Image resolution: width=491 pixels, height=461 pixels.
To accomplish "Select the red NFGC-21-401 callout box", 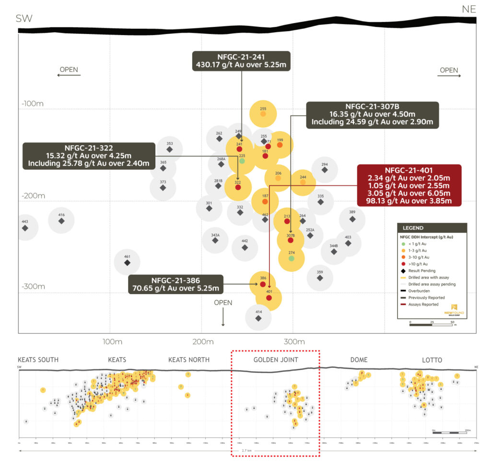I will [x=409, y=185].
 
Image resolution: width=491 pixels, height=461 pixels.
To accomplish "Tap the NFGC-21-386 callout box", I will [x=175, y=284].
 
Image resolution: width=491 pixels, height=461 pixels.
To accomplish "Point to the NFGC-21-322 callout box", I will [x=89, y=156].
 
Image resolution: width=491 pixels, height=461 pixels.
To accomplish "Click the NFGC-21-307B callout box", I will [x=372, y=114].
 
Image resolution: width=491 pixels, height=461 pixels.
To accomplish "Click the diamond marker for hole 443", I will [x=25, y=228].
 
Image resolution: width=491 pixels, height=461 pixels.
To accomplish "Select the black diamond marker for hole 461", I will [x=127, y=263].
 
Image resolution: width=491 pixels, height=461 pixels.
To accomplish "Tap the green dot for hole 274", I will [x=291, y=259].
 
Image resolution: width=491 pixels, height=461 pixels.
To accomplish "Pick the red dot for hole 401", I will [x=269, y=298].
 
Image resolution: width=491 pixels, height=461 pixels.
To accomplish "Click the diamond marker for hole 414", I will [x=258, y=318].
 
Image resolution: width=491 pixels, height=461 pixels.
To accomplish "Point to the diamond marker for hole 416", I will [x=61, y=221].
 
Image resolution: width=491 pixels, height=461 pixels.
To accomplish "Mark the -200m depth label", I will [x=33, y=196].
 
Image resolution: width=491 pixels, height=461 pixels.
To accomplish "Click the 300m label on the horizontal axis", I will [x=294, y=342].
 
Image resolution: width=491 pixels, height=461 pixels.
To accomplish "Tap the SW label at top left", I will [x=24, y=19].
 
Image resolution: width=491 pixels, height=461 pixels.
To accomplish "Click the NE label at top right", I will [x=468, y=9].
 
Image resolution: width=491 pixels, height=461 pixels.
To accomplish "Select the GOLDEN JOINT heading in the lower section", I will [x=276, y=360].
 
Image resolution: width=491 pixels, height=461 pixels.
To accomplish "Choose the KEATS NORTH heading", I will [x=189, y=360].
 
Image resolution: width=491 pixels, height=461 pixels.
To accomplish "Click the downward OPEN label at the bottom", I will [x=223, y=303].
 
